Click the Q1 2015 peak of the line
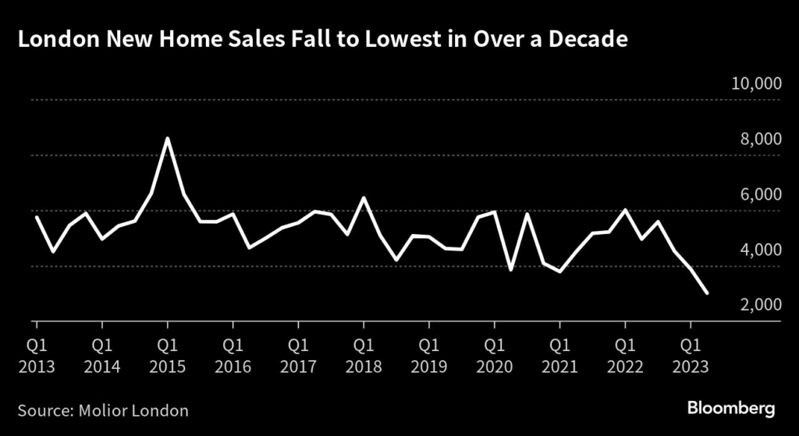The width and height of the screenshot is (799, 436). [167, 139]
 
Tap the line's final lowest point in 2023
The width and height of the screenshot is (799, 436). [706, 293]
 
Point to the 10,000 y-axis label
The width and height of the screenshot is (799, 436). [756, 84]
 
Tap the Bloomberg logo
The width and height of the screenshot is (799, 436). [730, 408]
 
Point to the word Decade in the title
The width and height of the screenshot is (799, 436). [590, 40]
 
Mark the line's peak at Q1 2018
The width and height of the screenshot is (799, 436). [363, 198]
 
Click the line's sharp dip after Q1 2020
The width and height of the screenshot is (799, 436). [510, 270]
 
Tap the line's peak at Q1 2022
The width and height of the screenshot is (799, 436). [624, 210]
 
